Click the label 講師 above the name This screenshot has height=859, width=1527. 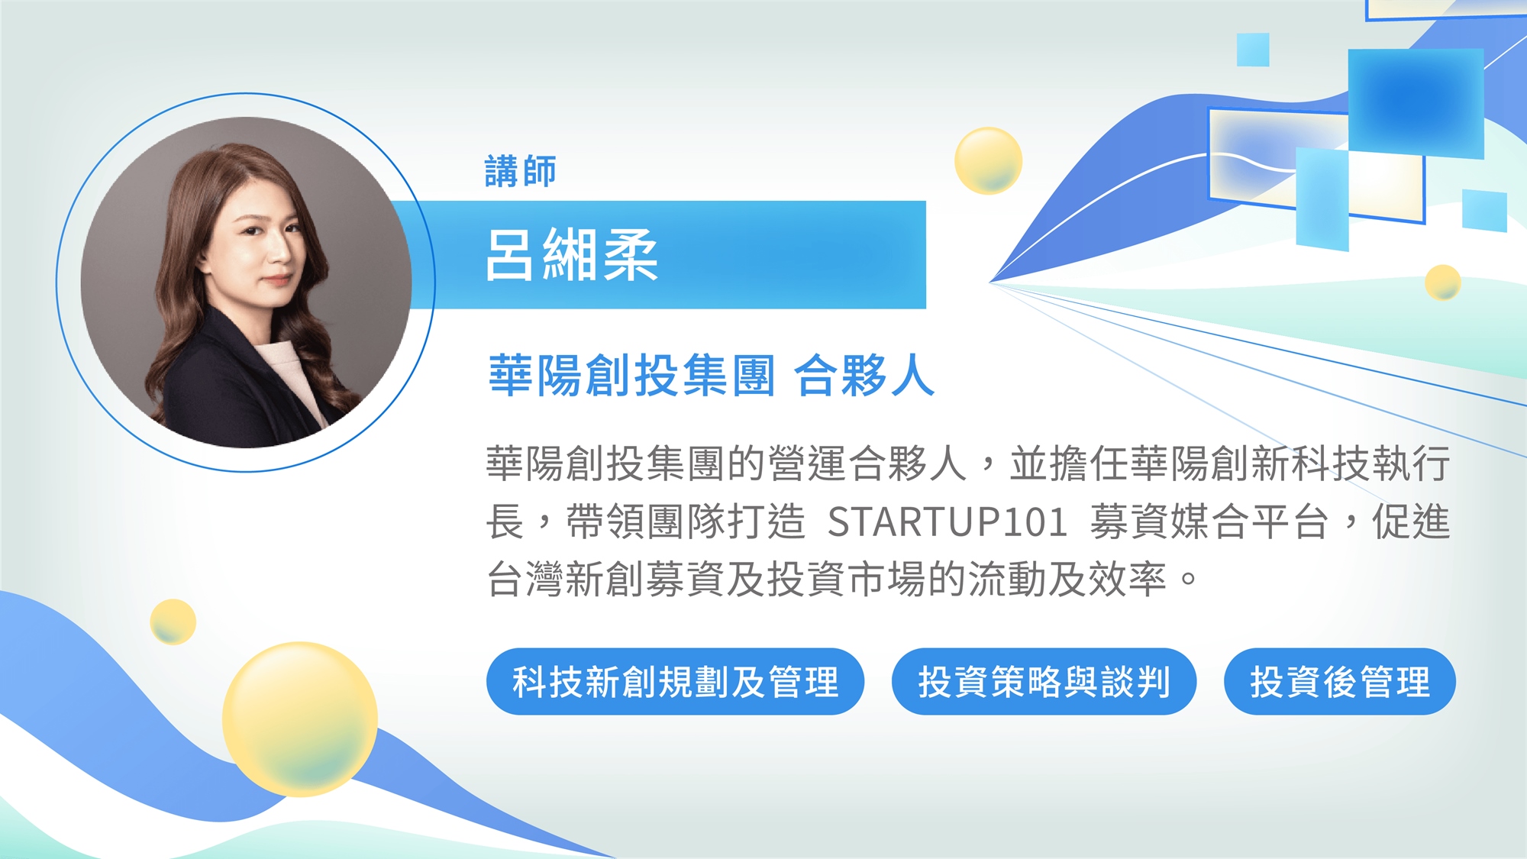pos(520,171)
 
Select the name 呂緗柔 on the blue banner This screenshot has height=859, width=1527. pos(571,256)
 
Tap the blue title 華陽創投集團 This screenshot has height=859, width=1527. pos(632,375)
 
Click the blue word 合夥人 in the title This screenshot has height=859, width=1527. pos(864,375)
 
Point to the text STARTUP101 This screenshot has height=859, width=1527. pos(948,522)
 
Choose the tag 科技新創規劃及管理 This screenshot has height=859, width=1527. pos(675,681)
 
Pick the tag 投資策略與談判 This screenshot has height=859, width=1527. pos(1044,681)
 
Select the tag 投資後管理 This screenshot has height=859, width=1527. pos(1339,681)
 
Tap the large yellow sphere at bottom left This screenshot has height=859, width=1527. pos(300,719)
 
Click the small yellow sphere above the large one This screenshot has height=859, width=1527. pos(173,622)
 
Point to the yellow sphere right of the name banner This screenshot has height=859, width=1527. pos(988,160)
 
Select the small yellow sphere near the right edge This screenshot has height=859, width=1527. pos(1443,283)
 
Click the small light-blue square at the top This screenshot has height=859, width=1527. pos(1253,50)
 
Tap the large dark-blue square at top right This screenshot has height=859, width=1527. pos(1416,103)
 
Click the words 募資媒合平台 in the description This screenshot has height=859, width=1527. pos(1209,522)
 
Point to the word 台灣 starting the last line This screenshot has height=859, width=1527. pos(525,580)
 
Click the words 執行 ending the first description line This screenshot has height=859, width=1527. pos(1411,464)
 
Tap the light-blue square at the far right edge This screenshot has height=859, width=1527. pos(1485,211)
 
